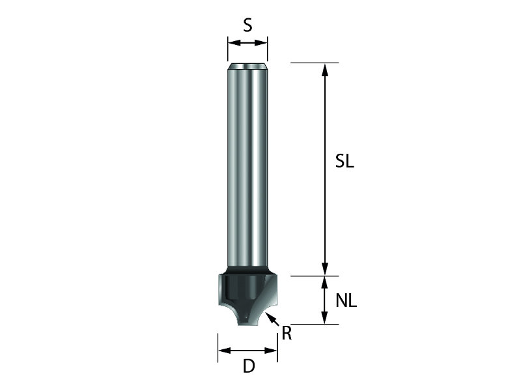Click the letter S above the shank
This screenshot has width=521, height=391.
pyautogui.click(x=247, y=25)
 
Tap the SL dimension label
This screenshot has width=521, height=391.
pyautogui.click(x=345, y=162)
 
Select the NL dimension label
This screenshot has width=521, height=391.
pyautogui.click(x=346, y=301)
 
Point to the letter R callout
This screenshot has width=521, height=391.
pyautogui.click(x=287, y=333)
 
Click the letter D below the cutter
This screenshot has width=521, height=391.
pyautogui.click(x=249, y=366)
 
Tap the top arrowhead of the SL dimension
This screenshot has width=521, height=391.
pyautogui.click(x=325, y=70)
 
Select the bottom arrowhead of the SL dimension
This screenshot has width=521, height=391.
pyautogui.click(x=325, y=268)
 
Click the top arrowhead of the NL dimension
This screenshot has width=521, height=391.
pyautogui.click(x=325, y=283)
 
